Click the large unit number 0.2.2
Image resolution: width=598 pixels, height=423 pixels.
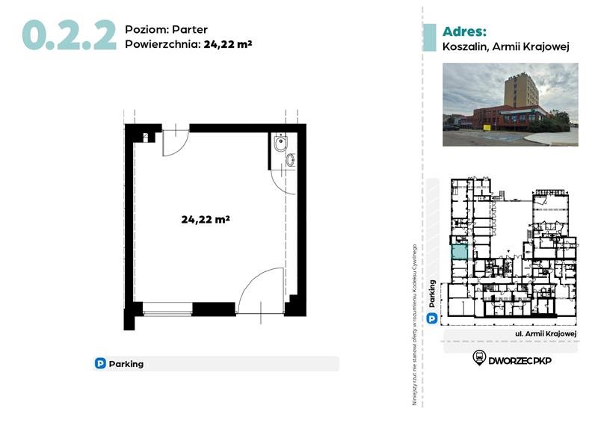[69, 34]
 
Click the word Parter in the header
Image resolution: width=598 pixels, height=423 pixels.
[190, 29]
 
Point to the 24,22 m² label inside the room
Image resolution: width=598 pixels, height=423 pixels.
[205, 220]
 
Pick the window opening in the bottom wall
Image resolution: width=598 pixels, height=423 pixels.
[167, 308]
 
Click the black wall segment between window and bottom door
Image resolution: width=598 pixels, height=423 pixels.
[214, 308]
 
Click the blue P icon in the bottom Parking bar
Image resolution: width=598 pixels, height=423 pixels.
[100, 364]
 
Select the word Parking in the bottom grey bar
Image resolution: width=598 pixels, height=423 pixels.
[126, 364]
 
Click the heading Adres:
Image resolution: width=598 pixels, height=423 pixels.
[464, 31]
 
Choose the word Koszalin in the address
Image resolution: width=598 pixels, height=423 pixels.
[466, 46]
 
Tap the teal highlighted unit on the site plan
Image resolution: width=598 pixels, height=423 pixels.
[459, 252]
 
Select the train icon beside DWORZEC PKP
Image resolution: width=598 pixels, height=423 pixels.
[478, 358]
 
